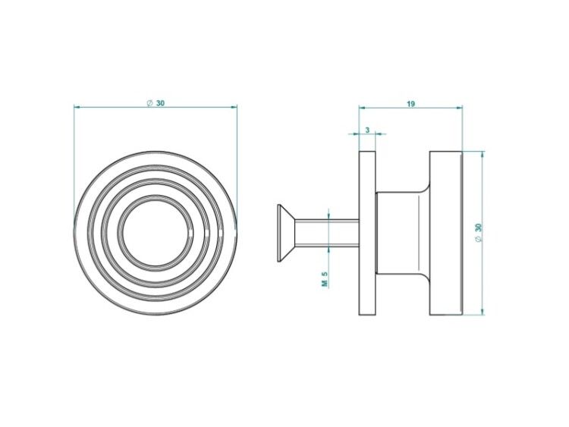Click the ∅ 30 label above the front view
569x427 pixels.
point(156,103)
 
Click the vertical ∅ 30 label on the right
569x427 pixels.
point(478,233)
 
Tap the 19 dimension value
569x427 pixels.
point(410,104)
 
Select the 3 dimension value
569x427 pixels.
point(367,130)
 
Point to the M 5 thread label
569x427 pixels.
point(325,279)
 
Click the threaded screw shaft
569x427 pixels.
point(327,233)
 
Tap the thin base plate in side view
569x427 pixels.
point(367,233)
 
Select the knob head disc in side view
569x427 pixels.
point(446,233)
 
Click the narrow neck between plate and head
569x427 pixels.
point(403,233)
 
